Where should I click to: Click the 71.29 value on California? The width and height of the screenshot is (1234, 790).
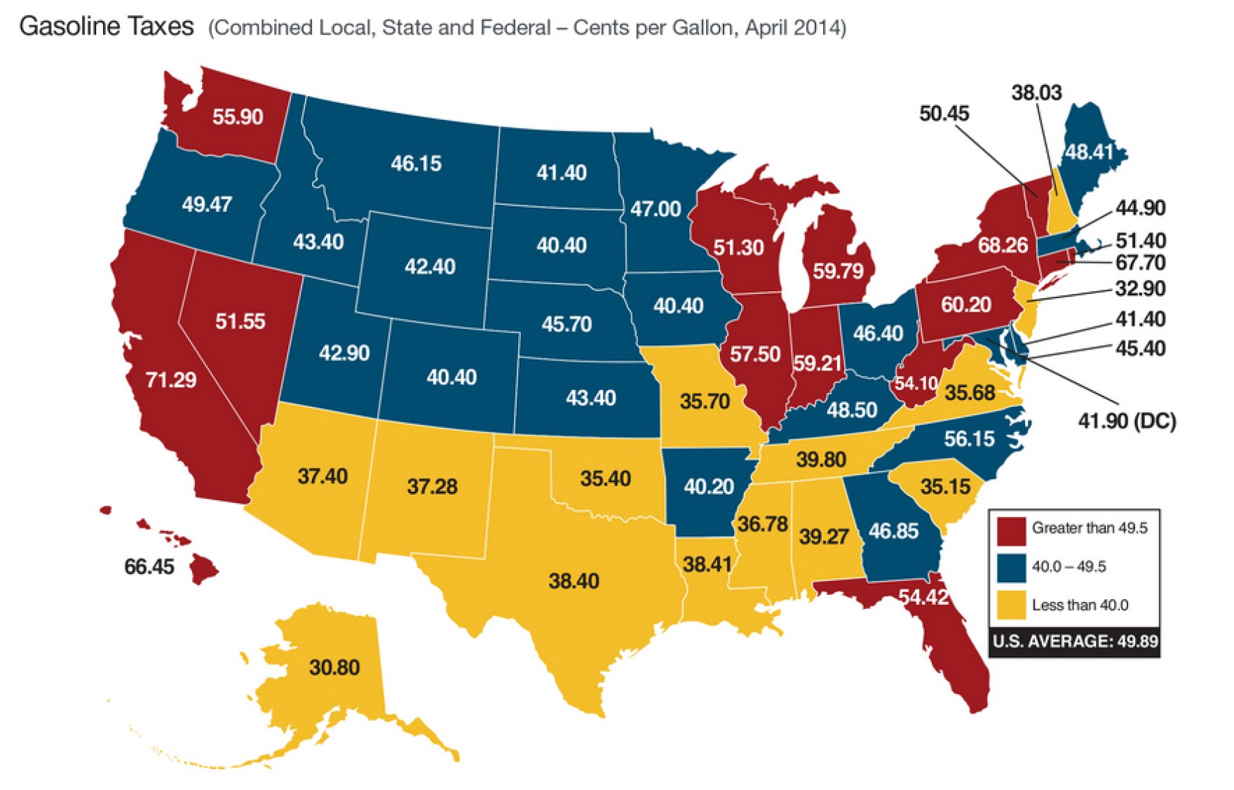[170, 380]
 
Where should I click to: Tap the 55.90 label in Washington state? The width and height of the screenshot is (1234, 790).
[237, 116]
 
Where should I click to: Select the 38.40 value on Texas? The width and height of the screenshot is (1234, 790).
[574, 581]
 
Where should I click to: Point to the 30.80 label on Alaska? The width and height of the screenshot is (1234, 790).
[334, 667]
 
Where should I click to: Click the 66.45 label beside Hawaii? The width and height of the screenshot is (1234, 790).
[149, 566]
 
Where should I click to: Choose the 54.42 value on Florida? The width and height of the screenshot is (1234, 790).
[923, 597]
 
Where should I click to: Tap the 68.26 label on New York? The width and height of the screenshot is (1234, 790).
[1002, 245]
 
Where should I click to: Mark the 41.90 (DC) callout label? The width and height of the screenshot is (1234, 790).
[1126, 421]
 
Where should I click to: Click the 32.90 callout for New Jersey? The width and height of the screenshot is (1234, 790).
[1139, 288]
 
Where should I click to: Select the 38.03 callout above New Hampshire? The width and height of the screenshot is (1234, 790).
[1036, 93]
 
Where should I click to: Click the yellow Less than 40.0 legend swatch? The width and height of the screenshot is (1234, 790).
[1010, 605]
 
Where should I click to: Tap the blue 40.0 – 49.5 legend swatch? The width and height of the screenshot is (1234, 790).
[1010, 567]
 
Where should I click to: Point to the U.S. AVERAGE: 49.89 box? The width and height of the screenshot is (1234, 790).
[1074, 641]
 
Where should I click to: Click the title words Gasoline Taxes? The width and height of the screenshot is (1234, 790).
[107, 27]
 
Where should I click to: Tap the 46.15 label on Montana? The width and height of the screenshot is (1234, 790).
[416, 163]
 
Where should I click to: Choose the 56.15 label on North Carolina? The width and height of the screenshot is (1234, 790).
[968, 439]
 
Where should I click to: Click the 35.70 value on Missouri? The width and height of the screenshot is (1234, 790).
[704, 401]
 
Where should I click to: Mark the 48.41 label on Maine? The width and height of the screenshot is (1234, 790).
[1088, 152]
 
